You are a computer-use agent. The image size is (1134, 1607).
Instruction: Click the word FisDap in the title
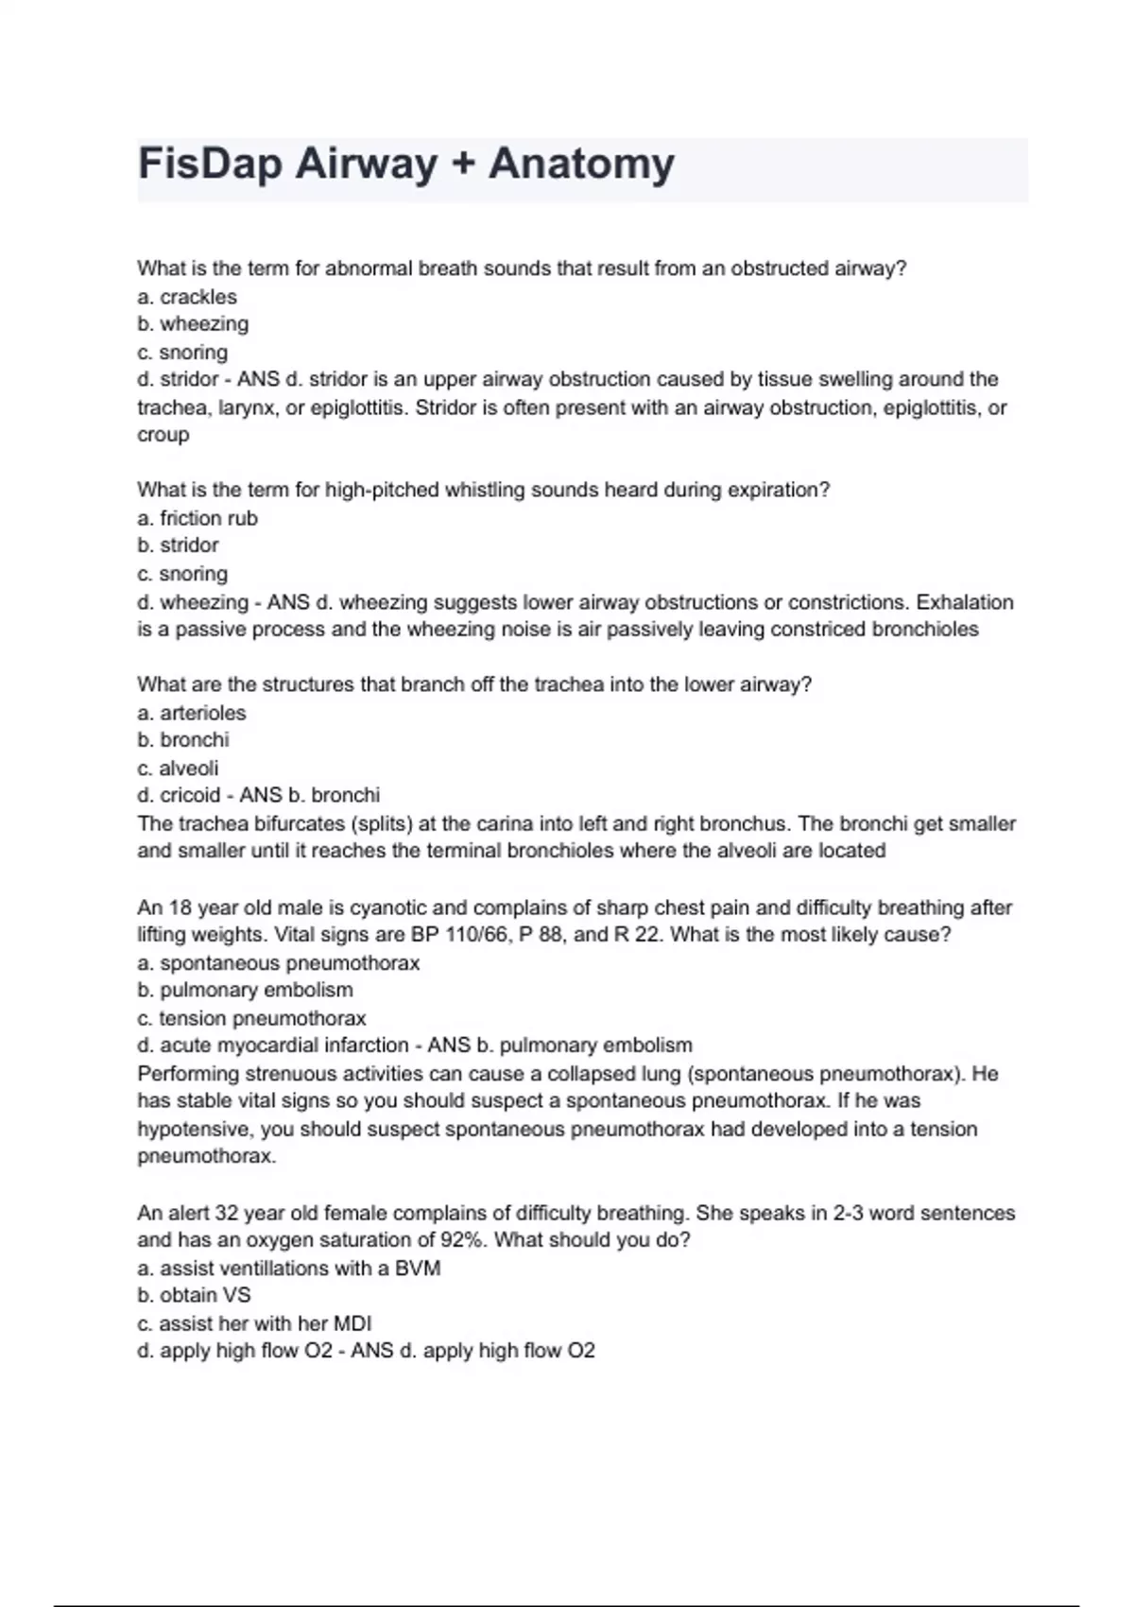209,164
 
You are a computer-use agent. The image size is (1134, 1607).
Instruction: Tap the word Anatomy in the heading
581,164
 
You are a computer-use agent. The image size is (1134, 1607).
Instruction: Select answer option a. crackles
187,297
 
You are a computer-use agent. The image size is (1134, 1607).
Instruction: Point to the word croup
163,435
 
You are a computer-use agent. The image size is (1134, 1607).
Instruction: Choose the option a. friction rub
198,518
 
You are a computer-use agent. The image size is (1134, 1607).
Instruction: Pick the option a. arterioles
192,713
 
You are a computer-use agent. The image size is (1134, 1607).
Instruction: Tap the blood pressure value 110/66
474,935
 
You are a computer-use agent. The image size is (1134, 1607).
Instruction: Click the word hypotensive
194,1129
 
